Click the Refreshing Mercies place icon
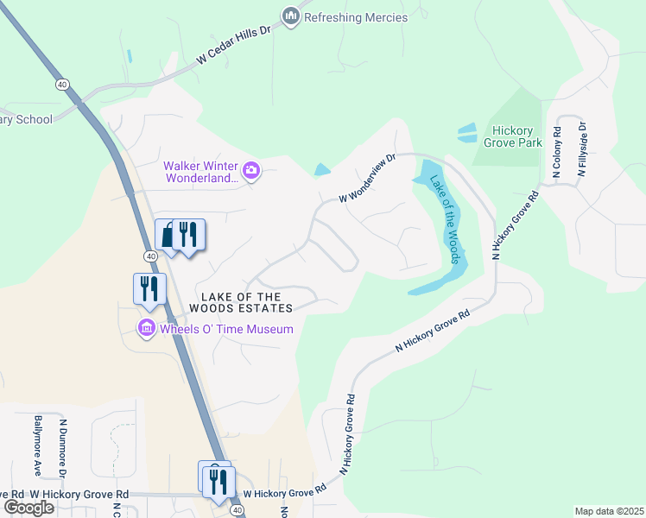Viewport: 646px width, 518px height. click(x=290, y=16)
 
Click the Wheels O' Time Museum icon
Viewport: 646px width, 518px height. click(x=145, y=329)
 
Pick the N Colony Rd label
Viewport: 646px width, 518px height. click(x=556, y=155)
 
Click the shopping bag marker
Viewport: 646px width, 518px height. click(x=168, y=235)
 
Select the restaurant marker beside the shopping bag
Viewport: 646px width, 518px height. click(x=187, y=235)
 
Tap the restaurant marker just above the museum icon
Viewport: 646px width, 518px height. click(x=149, y=288)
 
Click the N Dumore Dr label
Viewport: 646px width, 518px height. click(x=63, y=448)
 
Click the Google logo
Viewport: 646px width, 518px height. click(x=28, y=508)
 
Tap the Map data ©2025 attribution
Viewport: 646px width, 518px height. click(x=609, y=511)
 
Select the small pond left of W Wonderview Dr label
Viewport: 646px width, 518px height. click(x=322, y=169)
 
